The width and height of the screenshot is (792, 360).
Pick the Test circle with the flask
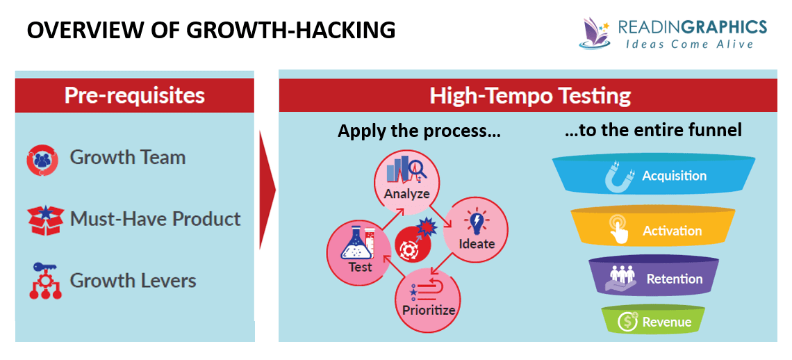point(360,252)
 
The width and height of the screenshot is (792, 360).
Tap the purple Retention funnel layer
point(653,279)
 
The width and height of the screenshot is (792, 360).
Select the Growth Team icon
point(42,159)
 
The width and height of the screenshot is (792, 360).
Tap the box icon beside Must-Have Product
point(45,218)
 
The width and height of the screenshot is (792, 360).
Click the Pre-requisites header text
point(134,95)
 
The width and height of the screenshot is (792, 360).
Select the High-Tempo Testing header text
point(529,95)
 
